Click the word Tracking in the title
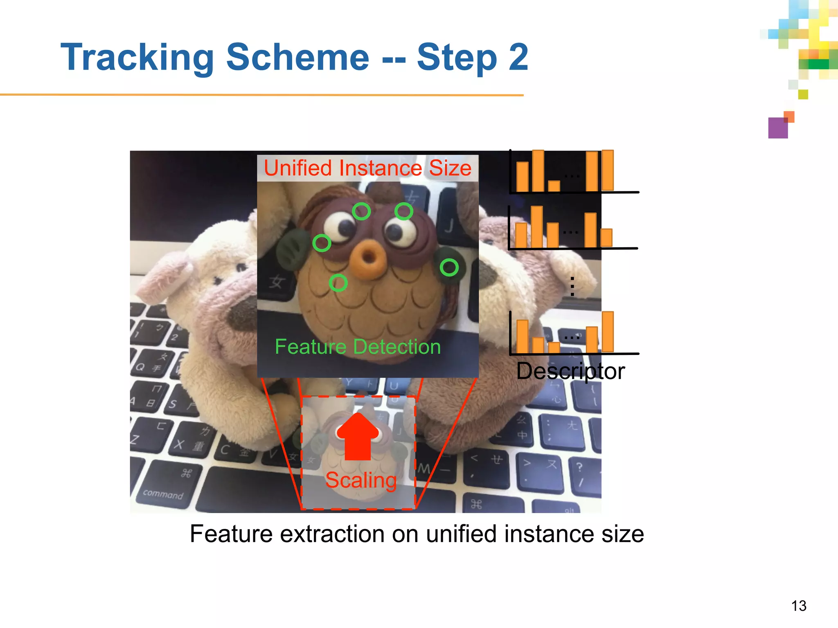pyautogui.click(x=137, y=57)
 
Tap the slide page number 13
pyautogui.click(x=798, y=606)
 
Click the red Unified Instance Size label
pyautogui.click(x=367, y=168)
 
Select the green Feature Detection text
pyautogui.click(x=358, y=347)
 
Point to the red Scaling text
pyautogui.click(x=361, y=480)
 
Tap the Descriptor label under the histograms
pyautogui.click(x=570, y=371)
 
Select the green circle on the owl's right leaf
pyautogui.click(x=449, y=267)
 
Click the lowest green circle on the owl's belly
pyautogui.click(x=338, y=283)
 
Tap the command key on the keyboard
pyautogui.click(x=163, y=494)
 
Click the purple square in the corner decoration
pyautogui.click(x=778, y=128)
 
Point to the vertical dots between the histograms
pyautogui.click(x=572, y=286)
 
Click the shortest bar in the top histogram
pyautogui.click(x=554, y=186)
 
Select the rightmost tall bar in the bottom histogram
pyautogui.click(x=608, y=332)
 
